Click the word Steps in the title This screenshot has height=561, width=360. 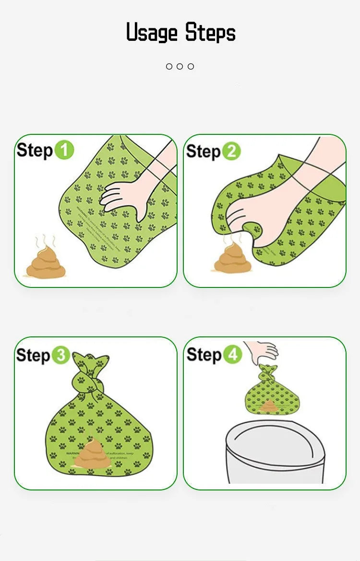pyautogui.click(x=211, y=33)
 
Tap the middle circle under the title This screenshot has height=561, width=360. pyautogui.click(x=180, y=66)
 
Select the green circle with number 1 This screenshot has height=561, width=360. pyautogui.click(x=64, y=150)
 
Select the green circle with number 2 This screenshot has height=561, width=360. pyautogui.click(x=231, y=151)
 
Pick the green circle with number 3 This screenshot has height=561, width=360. pyautogui.click(x=61, y=356)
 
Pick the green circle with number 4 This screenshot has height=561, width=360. pyautogui.click(x=232, y=355)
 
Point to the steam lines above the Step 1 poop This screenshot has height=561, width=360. pyautogui.click(x=46, y=240)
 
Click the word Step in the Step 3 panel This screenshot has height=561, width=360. pyautogui.click(x=33, y=356)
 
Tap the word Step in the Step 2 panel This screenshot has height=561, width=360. pyautogui.click(x=203, y=152)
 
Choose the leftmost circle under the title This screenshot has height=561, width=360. pyautogui.click(x=169, y=66)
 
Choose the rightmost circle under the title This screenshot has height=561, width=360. pyautogui.click(x=191, y=66)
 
